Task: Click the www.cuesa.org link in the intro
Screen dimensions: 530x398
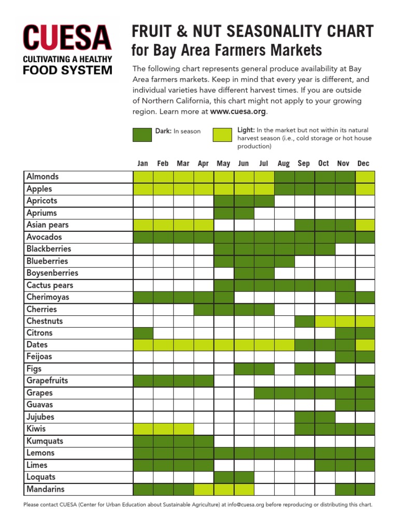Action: [x=238, y=111]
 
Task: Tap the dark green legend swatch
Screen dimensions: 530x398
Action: [x=143, y=135]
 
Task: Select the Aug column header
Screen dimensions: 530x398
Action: [x=283, y=164]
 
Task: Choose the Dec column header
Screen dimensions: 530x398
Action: [x=363, y=164]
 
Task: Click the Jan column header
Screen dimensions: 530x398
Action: [x=143, y=164]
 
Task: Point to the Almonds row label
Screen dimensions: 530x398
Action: [x=43, y=176]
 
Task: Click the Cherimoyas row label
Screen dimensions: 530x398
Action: [x=48, y=297]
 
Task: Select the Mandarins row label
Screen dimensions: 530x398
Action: [x=46, y=489]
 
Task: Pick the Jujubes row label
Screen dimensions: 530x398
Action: [x=40, y=417]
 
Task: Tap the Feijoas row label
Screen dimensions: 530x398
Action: [x=39, y=357]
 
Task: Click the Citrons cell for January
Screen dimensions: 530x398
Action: [x=143, y=333]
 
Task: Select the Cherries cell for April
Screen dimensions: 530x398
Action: [x=204, y=309]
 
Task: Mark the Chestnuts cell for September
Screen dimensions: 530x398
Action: [x=304, y=321]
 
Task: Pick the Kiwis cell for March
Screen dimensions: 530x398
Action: [x=183, y=429]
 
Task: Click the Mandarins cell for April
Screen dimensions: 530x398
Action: [x=204, y=489]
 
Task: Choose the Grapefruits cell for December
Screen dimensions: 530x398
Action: [x=364, y=381]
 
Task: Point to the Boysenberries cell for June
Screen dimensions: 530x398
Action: [x=244, y=273]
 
